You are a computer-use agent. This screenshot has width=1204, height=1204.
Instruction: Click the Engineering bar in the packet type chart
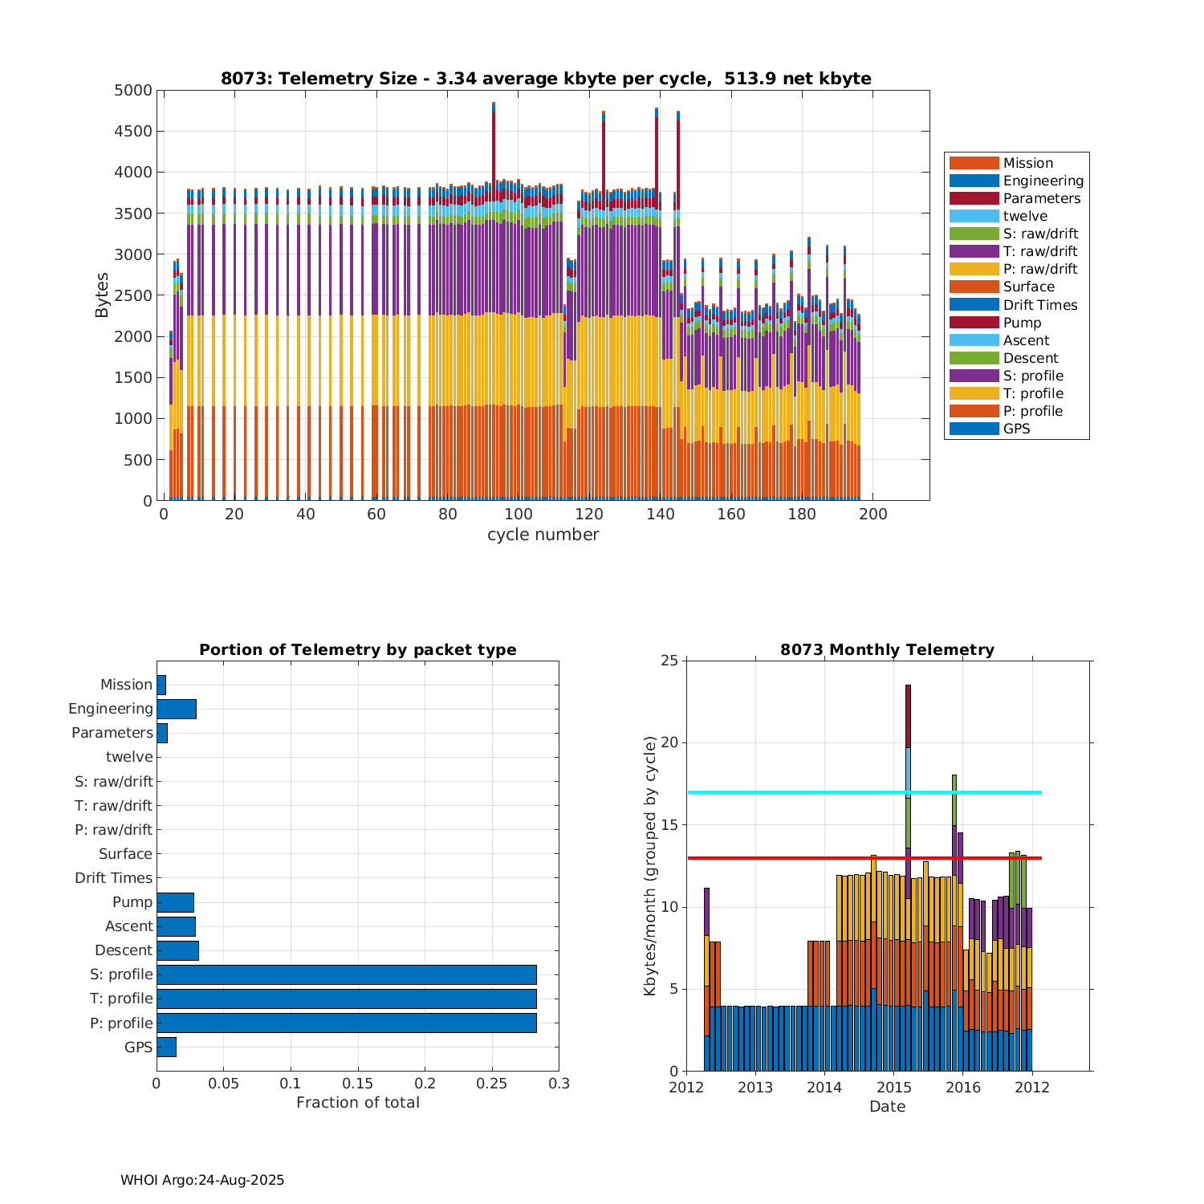(176, 709)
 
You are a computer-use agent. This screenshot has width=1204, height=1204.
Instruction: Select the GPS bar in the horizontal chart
(166, 1047)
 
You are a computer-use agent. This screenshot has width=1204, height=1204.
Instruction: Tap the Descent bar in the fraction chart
(177, 950)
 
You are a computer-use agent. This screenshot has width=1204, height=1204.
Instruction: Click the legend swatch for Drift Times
(974, 305)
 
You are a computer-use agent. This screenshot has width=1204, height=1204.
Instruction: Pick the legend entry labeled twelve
(1025, 216)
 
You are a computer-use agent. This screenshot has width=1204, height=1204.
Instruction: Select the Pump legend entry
(1022, 323)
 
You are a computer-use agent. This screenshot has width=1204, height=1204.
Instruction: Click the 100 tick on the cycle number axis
(519, 515)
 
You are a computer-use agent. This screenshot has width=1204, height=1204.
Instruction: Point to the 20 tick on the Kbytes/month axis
(669, 743)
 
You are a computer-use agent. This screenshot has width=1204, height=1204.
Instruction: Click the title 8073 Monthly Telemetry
(887, 650)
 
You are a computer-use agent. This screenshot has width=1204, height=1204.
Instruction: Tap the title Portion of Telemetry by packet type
(358, 650)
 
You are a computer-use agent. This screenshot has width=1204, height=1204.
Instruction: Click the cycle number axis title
(543, 535)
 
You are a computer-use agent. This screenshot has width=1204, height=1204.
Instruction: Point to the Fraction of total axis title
(358, 1103)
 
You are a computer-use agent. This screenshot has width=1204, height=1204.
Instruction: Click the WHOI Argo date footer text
(202, 1180)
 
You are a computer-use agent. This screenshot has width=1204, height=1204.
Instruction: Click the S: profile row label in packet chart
(121, 974)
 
